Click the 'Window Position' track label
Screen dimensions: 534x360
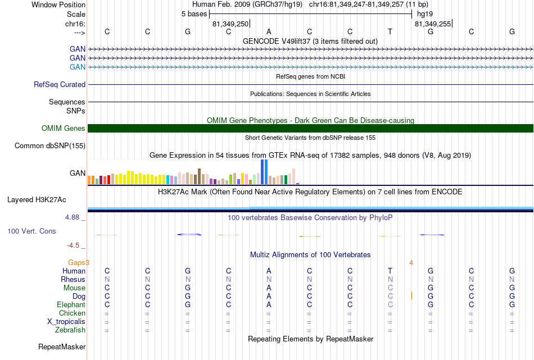(x=58, y=4)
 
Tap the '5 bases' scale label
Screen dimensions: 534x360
(x=194, y=14)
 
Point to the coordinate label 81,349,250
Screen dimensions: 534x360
(x=230, y=24)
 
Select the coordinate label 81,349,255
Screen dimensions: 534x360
(x=433, y=24)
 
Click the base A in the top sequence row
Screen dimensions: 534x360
(x=269, y=31)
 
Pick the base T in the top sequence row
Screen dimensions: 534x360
(x=390, y=31)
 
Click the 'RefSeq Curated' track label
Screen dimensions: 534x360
(x=60, y=84)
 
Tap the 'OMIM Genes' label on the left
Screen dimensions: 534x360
(x=64, y=128)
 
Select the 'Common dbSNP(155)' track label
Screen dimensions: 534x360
(x=50, y=145)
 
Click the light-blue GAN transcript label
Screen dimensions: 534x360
(x=78, y=67)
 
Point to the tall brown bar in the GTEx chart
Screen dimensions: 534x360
(x=199, y=176)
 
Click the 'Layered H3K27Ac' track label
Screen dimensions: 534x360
(x=37, y=200)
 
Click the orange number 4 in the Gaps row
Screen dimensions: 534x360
(x=411, y=263)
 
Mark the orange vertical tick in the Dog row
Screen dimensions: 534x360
(x=411, y=295)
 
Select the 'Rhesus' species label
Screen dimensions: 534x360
(x=73, y=279)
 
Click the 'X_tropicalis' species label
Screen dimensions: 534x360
(x=66, y=322)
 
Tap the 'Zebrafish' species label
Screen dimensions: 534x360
(x=70, y=330)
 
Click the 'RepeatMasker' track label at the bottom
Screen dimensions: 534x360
(x=62, y=347)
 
